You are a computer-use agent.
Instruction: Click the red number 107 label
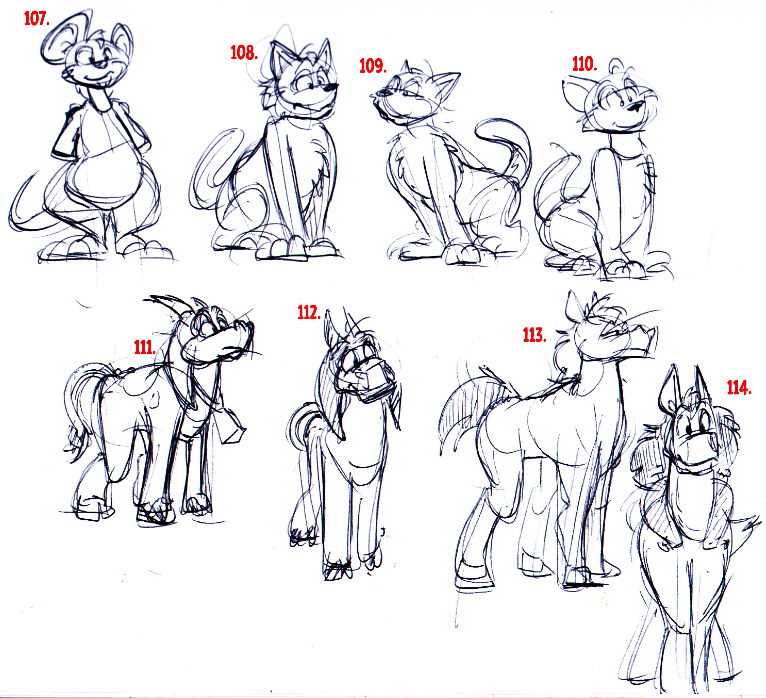[37, 19]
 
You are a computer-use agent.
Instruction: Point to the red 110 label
[584, 65]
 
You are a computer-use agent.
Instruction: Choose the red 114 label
[739, 388]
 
